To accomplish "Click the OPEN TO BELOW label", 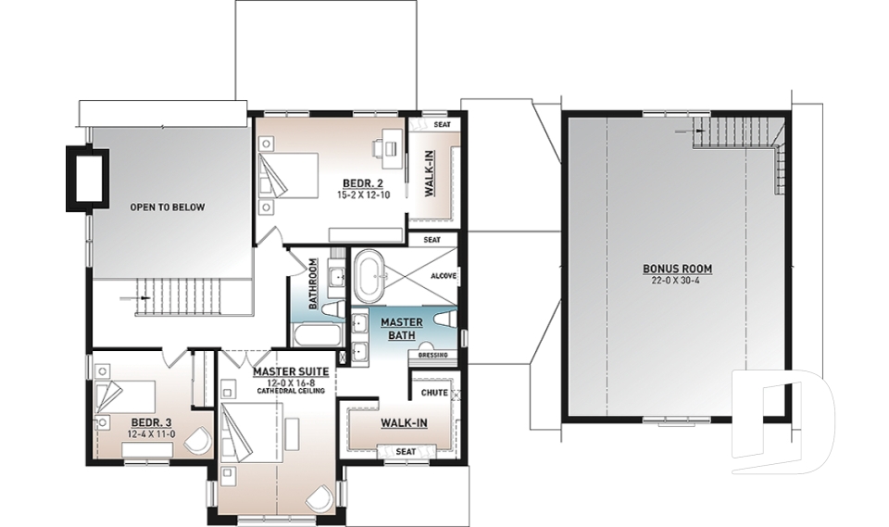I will click(168, 207).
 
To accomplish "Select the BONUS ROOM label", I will click(678, 270).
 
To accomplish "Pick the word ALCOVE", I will click(444, 276).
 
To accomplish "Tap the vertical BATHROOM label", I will click(314, 283).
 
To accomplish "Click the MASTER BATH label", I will click(403, 329).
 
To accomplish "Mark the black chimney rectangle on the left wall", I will click(88, 175).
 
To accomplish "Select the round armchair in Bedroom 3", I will click(198, 440).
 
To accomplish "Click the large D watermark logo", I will click(783, 422).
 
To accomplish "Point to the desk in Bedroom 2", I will click(388, 145).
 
